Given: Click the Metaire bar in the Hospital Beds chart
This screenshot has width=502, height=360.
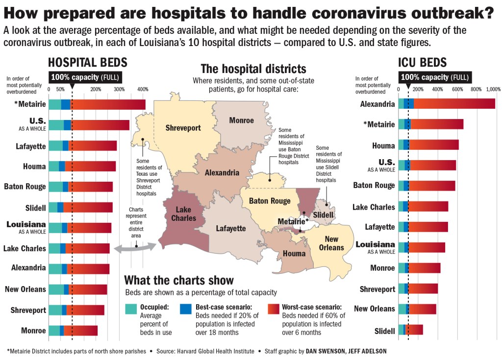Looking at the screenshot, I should pos(97,104).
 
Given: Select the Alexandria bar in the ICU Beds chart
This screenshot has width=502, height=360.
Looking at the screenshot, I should pos(447,104).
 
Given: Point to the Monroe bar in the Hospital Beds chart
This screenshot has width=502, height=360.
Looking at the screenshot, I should pos(73,331).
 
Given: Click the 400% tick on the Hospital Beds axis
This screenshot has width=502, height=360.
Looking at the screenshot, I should pos(143,89).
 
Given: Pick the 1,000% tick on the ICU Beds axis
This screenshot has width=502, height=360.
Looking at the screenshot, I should pos(493,89).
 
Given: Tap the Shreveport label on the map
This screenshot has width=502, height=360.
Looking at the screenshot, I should pos(183,128).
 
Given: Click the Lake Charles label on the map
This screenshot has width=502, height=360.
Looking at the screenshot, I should pos(184,214).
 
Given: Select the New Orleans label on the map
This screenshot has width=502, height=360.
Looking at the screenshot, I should pos(331,243).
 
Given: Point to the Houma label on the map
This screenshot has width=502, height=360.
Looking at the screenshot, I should pos(294,253).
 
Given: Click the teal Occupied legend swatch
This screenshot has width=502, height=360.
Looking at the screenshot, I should pos(131,309).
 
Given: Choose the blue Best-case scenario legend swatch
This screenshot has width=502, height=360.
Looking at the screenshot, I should pos(186,309).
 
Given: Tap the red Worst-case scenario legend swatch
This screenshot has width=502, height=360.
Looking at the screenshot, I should pos(274,309).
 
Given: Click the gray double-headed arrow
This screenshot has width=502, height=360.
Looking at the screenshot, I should pos(135,248).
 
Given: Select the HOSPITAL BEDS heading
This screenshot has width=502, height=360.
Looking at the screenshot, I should pos(87,63).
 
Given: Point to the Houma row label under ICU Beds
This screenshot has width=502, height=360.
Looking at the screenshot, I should pos(383,145).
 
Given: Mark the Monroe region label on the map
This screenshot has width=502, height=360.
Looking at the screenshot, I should pos(241,120).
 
